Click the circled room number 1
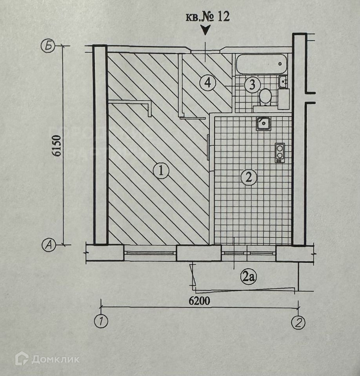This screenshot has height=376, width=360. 161,171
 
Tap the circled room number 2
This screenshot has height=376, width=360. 249,177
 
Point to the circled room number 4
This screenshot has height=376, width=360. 207,82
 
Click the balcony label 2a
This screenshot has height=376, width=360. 248,277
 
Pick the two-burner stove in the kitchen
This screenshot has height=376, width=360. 280,152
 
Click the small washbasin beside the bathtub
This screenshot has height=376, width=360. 283,82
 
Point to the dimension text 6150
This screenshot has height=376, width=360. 58,146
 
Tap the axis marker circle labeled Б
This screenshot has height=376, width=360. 47,46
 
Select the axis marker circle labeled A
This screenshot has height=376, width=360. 48,245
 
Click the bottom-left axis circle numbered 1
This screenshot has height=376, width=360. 101,322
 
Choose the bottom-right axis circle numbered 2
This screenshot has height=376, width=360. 298,323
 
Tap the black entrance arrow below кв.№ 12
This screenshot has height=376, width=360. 205,30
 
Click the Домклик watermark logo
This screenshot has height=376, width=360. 47,359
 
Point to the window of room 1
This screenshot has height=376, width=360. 150,253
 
